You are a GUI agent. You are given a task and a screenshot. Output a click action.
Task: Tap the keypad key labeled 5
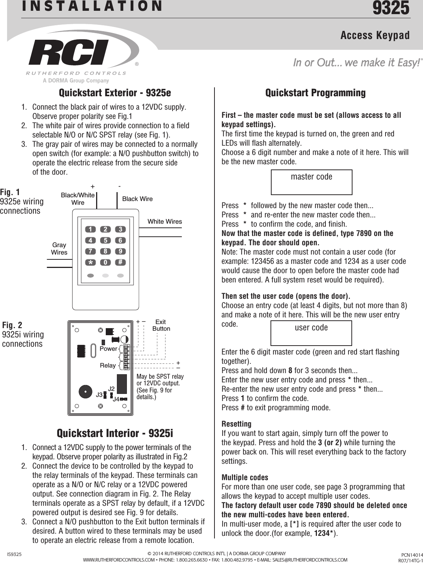(105, 240)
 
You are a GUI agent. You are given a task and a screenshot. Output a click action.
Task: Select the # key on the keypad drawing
(120, 262)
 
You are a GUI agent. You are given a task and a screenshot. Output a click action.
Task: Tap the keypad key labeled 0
(105, 262)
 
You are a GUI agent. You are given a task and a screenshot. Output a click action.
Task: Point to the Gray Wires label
(59, 249)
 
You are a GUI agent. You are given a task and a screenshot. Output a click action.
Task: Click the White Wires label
(165, 221)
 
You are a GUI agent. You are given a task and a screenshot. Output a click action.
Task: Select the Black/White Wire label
(78, 199)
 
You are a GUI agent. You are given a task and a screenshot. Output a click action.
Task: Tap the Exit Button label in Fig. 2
(161, 325)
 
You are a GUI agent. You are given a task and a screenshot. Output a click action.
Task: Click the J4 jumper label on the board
(116, 399)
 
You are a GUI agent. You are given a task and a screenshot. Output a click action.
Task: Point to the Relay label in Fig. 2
(108, 365)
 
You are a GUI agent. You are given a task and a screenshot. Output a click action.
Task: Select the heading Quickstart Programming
(315, 93)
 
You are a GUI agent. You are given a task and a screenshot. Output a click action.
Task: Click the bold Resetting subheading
(236, 424)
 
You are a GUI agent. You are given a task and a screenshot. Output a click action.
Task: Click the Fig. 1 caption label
(10, 192)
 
